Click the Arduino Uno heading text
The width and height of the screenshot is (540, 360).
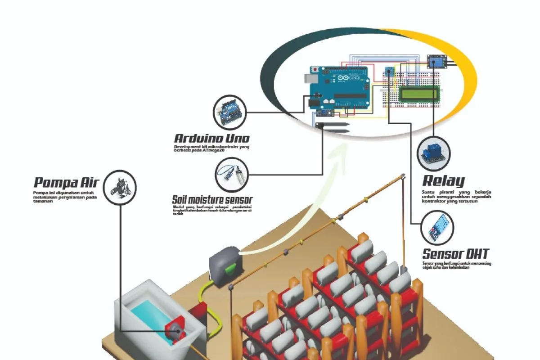click(211, 138)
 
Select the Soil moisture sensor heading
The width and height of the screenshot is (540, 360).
click(212, 199)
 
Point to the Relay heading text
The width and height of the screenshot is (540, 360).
click(443, 181)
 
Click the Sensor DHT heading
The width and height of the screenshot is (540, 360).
click(455, 253)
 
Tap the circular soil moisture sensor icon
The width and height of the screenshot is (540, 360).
click(231, 174)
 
